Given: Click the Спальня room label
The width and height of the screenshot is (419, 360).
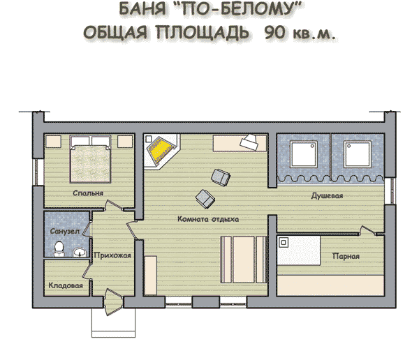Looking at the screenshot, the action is click(x=88, y=193).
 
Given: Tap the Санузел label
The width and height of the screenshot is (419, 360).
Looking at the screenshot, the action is click(x=65, y=231).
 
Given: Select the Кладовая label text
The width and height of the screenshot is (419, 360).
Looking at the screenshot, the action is click(x=66, y=285).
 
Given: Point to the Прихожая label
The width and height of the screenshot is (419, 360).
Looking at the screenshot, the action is click(x=112, y=255).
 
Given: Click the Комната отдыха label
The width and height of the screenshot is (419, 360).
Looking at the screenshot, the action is click(x=208, y=219).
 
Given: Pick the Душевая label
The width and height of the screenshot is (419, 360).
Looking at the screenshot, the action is click(x=327, y=196).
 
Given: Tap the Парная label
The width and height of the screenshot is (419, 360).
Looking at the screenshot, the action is click(x=346, y=256).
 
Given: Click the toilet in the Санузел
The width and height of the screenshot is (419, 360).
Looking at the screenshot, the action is click(x=59, y=249).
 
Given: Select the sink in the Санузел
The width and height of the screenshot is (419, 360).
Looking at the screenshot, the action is click(x=80, y=252).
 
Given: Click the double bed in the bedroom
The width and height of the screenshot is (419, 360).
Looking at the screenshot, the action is click(x=90, y=159).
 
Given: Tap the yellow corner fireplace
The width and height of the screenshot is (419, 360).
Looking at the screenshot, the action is click(x=161, y=151).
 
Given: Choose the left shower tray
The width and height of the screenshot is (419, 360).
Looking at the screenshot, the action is click(x=304, y=154).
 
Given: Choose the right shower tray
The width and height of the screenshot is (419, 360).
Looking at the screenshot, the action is click(x=358, y=154).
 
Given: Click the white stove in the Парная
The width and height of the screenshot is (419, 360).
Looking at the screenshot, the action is click(x=299, y=250).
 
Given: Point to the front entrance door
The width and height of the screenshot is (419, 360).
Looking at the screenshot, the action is click(x=113, y=302).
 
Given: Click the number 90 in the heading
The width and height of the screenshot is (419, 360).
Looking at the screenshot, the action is click(x=274, y=33).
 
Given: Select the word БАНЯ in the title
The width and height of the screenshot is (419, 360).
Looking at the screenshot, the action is click(x=142, y=8).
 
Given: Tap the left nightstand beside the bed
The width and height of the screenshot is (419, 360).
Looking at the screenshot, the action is click(x=54, y=141).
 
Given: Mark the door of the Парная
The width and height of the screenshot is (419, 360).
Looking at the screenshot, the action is click(x=368, y=231).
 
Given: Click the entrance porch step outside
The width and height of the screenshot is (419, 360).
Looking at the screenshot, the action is click(x=113, y=322).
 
